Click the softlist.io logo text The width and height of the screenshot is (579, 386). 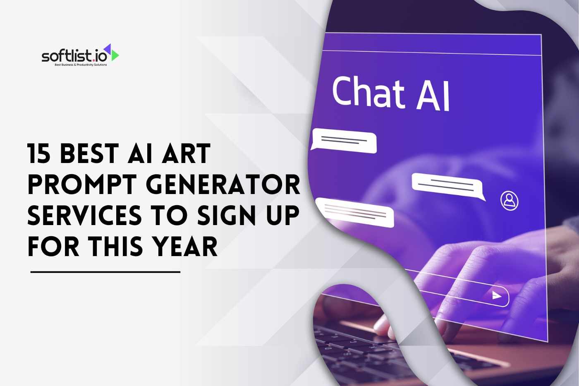[x=74, y=56]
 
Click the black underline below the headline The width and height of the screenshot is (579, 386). [x=105, y=272]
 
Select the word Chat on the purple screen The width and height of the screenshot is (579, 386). [x=368, y=92]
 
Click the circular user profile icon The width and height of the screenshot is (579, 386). [x=510, y=200]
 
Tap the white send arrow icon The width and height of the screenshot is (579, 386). [x=496, y=295]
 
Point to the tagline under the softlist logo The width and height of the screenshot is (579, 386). [x=81, y=65]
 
